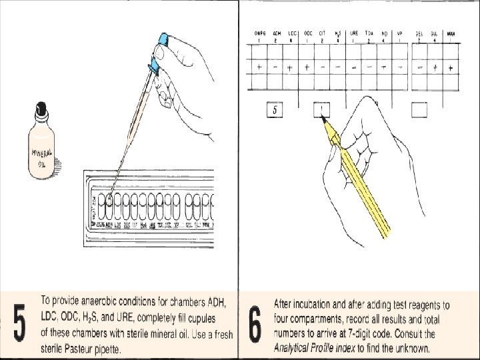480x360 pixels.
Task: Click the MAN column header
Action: (x=451, y=33)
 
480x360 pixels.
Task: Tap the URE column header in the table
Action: (x=354, y=33)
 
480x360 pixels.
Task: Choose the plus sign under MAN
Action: (x=451, y=67)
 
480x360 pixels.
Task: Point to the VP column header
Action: (x=400, y=33)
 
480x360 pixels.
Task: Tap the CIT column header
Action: (x=323, y=33)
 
